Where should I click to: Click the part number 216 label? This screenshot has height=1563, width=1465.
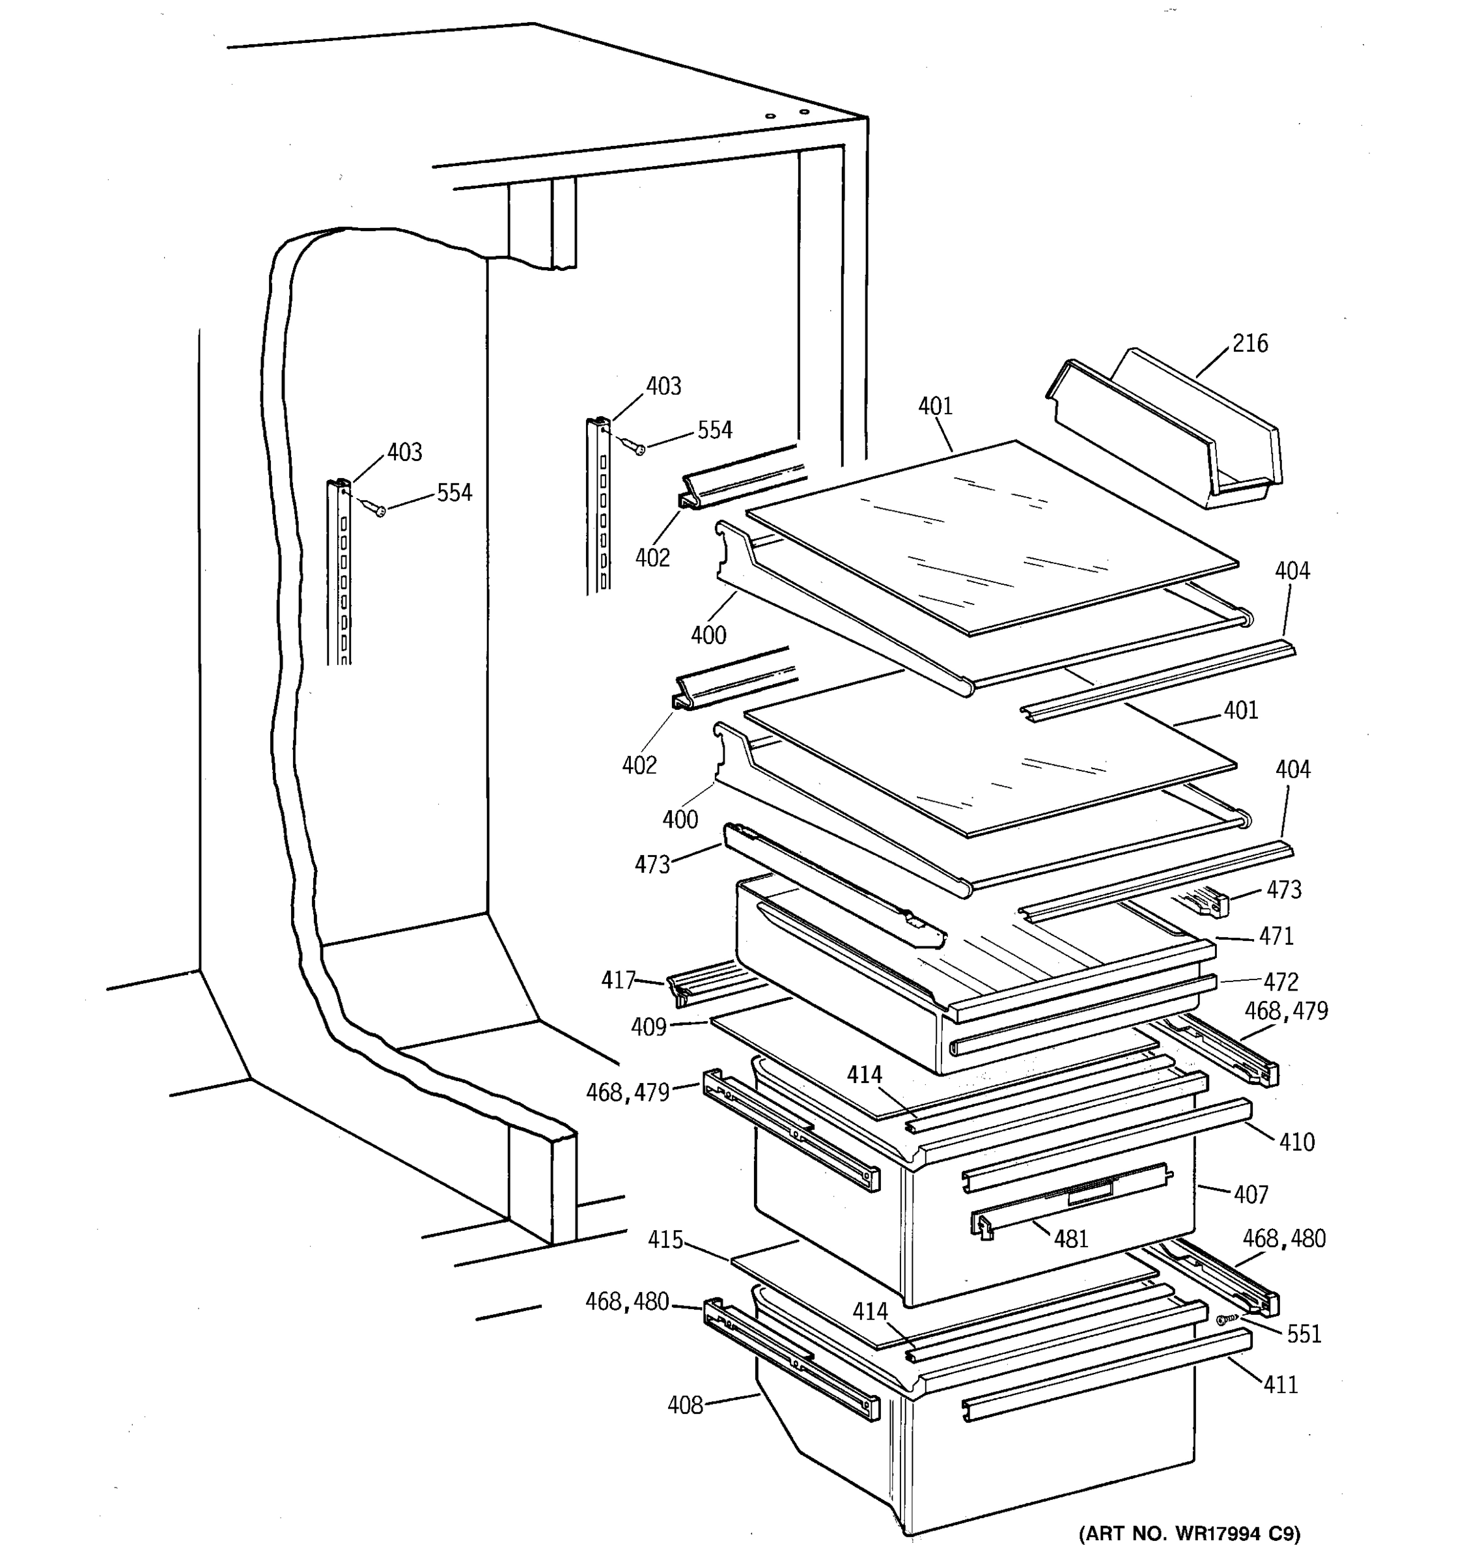tap(1249, 344)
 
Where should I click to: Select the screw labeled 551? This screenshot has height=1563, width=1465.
tap(1222, 1320)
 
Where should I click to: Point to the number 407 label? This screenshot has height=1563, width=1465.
tap(1250, 1195)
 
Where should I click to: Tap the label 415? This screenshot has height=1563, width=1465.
tap(665, 1240)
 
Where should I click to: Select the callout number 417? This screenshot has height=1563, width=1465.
tap(618, 979)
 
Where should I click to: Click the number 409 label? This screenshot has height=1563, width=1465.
tap(649, 1027)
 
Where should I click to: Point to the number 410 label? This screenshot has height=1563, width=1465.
tap(1296, 1142)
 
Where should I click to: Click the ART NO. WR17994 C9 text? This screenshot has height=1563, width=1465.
tap(1189, 1533)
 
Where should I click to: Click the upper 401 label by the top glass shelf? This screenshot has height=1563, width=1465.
tap(935, 406)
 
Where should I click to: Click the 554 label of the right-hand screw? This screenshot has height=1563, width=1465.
tap(714, 430)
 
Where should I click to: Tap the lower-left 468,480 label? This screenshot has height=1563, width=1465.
tap(626, 1302)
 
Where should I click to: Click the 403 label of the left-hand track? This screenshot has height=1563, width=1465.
tap(404, 452)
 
